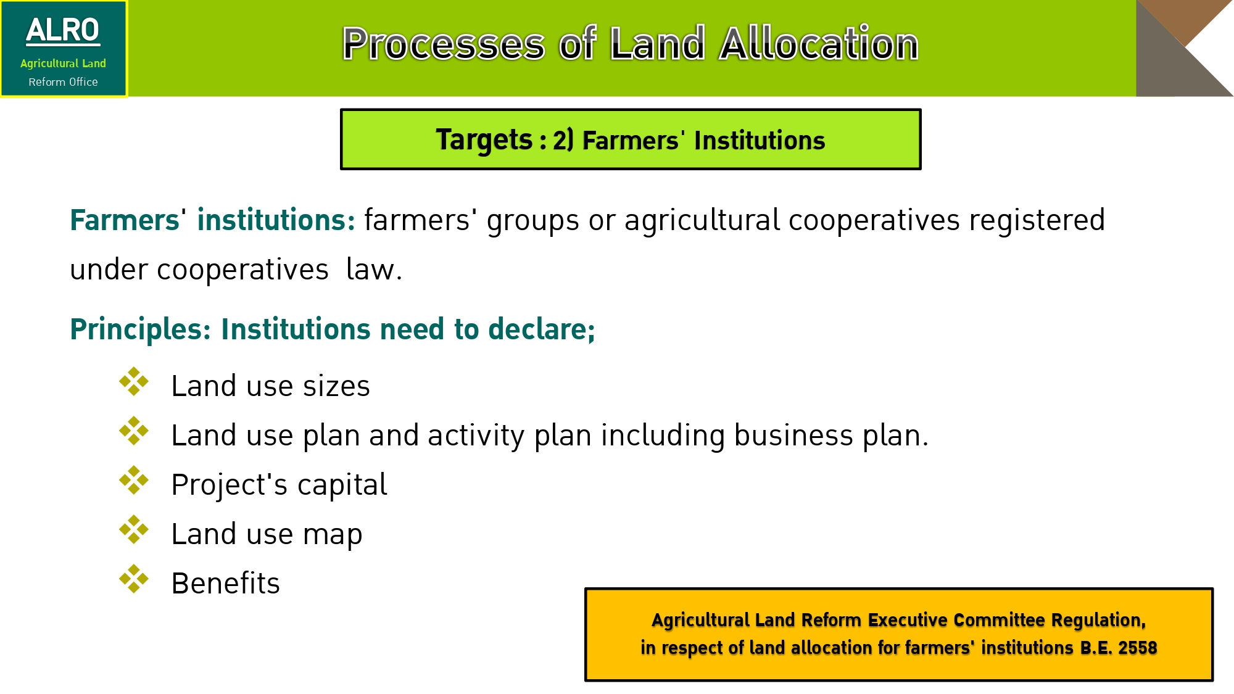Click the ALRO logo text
point(62,31)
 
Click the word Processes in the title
point(444,44)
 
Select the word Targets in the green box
point(484,140)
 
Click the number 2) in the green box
point(563,140)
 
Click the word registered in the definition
point(1037,220)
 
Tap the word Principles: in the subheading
point(141,329)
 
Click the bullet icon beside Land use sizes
point(134,381)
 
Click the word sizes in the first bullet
point(336,386)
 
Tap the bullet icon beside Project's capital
point(134,480)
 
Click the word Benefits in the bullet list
point(225,583)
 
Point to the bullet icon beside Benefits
point(134,579)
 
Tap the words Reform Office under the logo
point(63,82)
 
